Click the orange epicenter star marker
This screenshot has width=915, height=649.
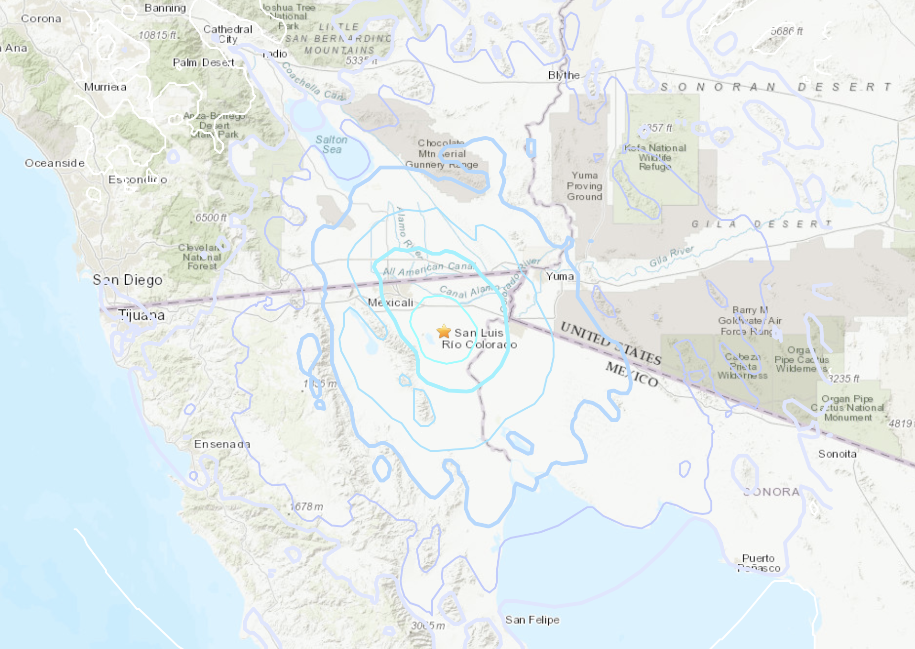tap(444, 331)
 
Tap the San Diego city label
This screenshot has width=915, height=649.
tap(128, 280)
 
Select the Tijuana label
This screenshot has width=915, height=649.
tap(142, 315)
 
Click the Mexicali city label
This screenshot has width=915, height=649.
tap(390, 302)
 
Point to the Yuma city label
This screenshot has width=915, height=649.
tap(560, 276)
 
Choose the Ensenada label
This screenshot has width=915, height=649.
tap(222, 444)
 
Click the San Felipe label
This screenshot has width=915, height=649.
tap(532, 620)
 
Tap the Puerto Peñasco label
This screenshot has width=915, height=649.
tap(759, 563)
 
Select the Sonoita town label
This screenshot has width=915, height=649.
tap(837, 454)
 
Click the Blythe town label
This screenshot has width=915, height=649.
tap(564, 75)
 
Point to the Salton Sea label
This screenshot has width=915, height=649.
tap(331, 145)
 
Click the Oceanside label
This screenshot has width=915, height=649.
tap(54, 163)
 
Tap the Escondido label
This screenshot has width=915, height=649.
tap(138, 179)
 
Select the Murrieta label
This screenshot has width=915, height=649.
tap(105, 87)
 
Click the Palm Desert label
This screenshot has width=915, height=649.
tap(203, 63)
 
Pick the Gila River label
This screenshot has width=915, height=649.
tap(671, 257)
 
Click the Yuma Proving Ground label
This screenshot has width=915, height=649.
tap(584, 186)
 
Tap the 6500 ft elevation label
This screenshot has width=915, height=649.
tap(211, 218)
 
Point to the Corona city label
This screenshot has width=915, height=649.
tap(41, 19)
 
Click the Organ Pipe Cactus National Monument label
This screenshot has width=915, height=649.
tap(848, 408)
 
